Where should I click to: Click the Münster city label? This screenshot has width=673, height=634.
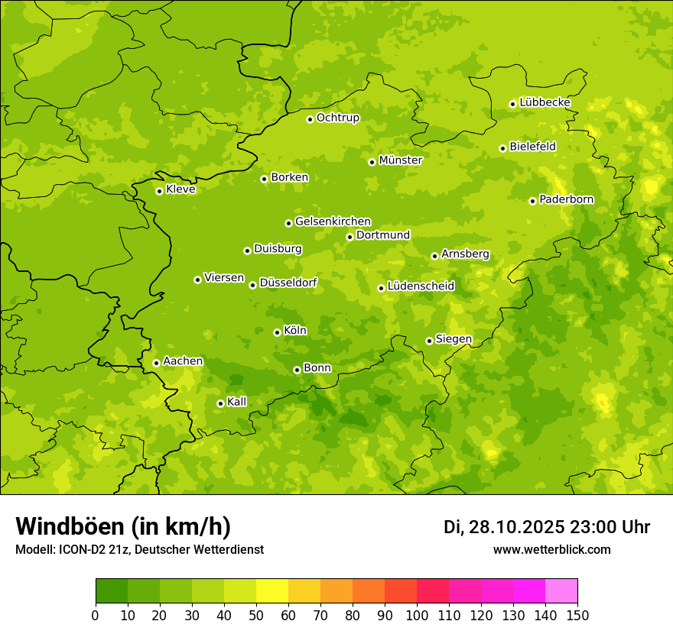click(x=401, y=160)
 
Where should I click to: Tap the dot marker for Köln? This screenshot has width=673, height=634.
click(x=277, y=332)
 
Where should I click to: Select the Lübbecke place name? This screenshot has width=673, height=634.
click(x=545, y=102)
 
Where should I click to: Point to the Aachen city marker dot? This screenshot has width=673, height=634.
click(x=156, y=363)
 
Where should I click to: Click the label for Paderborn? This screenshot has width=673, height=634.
click(x=567, y=199)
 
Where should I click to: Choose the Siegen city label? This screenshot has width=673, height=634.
click(x=454, y=339)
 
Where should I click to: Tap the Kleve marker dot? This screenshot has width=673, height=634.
click(x=159, y=191)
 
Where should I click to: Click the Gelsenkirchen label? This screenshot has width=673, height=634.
click(x=333, y=222)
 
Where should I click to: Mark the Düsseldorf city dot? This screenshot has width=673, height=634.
click(x=252, y=285)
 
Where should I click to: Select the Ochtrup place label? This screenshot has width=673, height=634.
click(x=338, y=118)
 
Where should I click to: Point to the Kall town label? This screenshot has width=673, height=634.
click(x=237, y=402)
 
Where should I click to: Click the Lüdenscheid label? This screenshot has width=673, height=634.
click(x=421, y=286)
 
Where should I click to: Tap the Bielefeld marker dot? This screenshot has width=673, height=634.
click(x=502, y=148)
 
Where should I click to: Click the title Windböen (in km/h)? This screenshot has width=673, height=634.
click(x=123, y=526)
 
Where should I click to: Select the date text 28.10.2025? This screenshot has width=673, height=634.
click(x=517, y=527)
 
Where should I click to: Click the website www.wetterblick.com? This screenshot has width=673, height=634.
click(x=551, y=549)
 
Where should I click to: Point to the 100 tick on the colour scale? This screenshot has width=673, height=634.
click(x=417, y=615)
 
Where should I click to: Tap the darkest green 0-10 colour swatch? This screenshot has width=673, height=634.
click(x=112, y=591)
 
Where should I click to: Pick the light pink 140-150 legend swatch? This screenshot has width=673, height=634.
click(x=561, y=591)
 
